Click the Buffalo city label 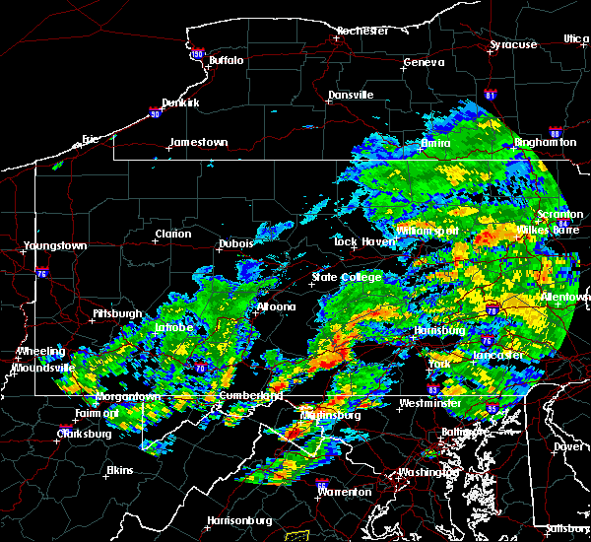tap(226, 60)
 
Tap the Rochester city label tap(361, 31)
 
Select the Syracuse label tap(514, 44)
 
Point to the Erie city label tap(91, 139)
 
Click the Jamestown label tap(198, 142)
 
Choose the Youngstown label tap(55, 245)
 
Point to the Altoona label tap(276, 306)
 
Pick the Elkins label tap(119, 470)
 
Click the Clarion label tap(172, 234)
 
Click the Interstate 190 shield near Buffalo tap(197, 54)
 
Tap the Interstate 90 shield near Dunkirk tap(153, 113)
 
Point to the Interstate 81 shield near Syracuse tap(491, 96)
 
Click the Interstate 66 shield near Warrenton tap(322, 484)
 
